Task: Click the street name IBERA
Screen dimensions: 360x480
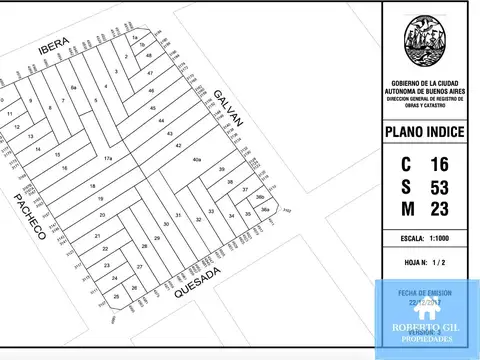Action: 53,48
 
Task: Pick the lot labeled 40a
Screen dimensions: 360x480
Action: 197,160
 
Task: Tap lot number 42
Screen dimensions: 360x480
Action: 179,146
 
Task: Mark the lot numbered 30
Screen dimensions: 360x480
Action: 166,224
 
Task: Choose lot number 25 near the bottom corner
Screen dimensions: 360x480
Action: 117,297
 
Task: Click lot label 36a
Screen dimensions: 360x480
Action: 264,210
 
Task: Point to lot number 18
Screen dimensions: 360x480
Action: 92,187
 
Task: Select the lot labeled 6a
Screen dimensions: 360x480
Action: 74,89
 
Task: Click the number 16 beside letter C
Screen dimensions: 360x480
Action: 438,164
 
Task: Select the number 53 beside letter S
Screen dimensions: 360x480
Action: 438,187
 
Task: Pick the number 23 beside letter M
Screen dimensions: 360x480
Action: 438,209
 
